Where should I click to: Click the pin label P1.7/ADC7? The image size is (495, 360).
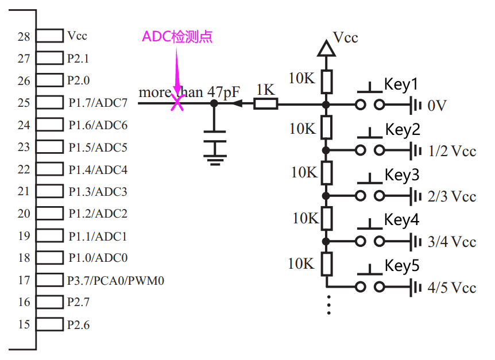[98, 103]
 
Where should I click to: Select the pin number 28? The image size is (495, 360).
[24, 36]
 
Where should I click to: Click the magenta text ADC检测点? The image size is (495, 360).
[177, 37]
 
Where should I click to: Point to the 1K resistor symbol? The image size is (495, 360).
[266, 104]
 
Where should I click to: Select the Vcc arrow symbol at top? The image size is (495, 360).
[326, 48]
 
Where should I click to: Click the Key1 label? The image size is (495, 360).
[401, 84]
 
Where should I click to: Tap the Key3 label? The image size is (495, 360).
[402, 175]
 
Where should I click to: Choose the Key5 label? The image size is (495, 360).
[402, 266]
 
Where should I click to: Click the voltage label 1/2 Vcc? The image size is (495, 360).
[452, 151]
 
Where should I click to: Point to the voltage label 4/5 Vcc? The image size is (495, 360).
[452, 288]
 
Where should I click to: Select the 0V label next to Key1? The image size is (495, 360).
[437, 106]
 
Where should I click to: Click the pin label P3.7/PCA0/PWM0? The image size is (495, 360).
[116, 280]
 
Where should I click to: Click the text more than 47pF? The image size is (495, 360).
[189, 92]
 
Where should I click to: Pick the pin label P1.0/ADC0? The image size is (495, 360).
[98, 258]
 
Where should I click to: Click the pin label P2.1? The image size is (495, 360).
[78, 59]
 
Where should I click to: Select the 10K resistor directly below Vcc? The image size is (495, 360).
[326, 82]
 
